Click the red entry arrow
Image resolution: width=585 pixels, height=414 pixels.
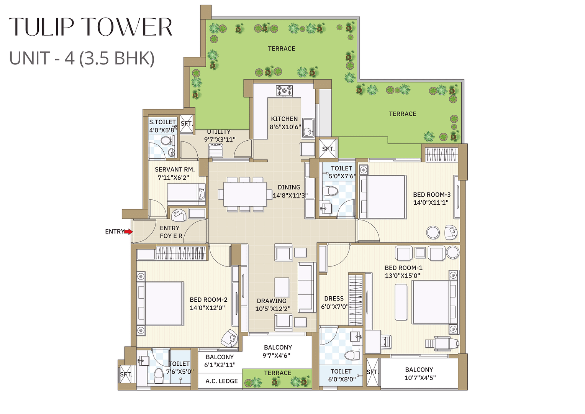[128, 232]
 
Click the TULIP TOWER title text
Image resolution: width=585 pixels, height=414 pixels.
[91, 27]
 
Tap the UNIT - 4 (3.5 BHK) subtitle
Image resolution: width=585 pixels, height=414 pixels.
[82, 59]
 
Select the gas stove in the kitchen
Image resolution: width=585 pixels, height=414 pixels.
[284, 91]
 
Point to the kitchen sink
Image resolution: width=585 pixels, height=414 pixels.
[308, 128]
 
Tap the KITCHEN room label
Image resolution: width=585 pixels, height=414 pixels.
[284, 119]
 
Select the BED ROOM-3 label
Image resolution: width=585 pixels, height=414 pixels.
[432, 195]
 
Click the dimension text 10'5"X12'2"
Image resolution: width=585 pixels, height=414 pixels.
[273, 309]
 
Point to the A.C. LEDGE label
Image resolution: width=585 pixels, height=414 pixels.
[221, 381]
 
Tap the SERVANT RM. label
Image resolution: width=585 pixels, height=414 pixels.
[175, 169]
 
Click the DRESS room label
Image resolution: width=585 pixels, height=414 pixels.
[334, 299]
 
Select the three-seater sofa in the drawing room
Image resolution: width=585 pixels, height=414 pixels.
[307, 287]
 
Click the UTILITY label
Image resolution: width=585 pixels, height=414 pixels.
[219, 131]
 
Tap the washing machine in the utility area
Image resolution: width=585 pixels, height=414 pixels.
[216, 150]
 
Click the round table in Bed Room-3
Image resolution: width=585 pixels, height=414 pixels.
[433, 232]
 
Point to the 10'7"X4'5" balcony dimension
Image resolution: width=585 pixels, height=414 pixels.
[420, 378]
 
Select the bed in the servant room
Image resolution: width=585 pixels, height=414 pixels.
[186, 194]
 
